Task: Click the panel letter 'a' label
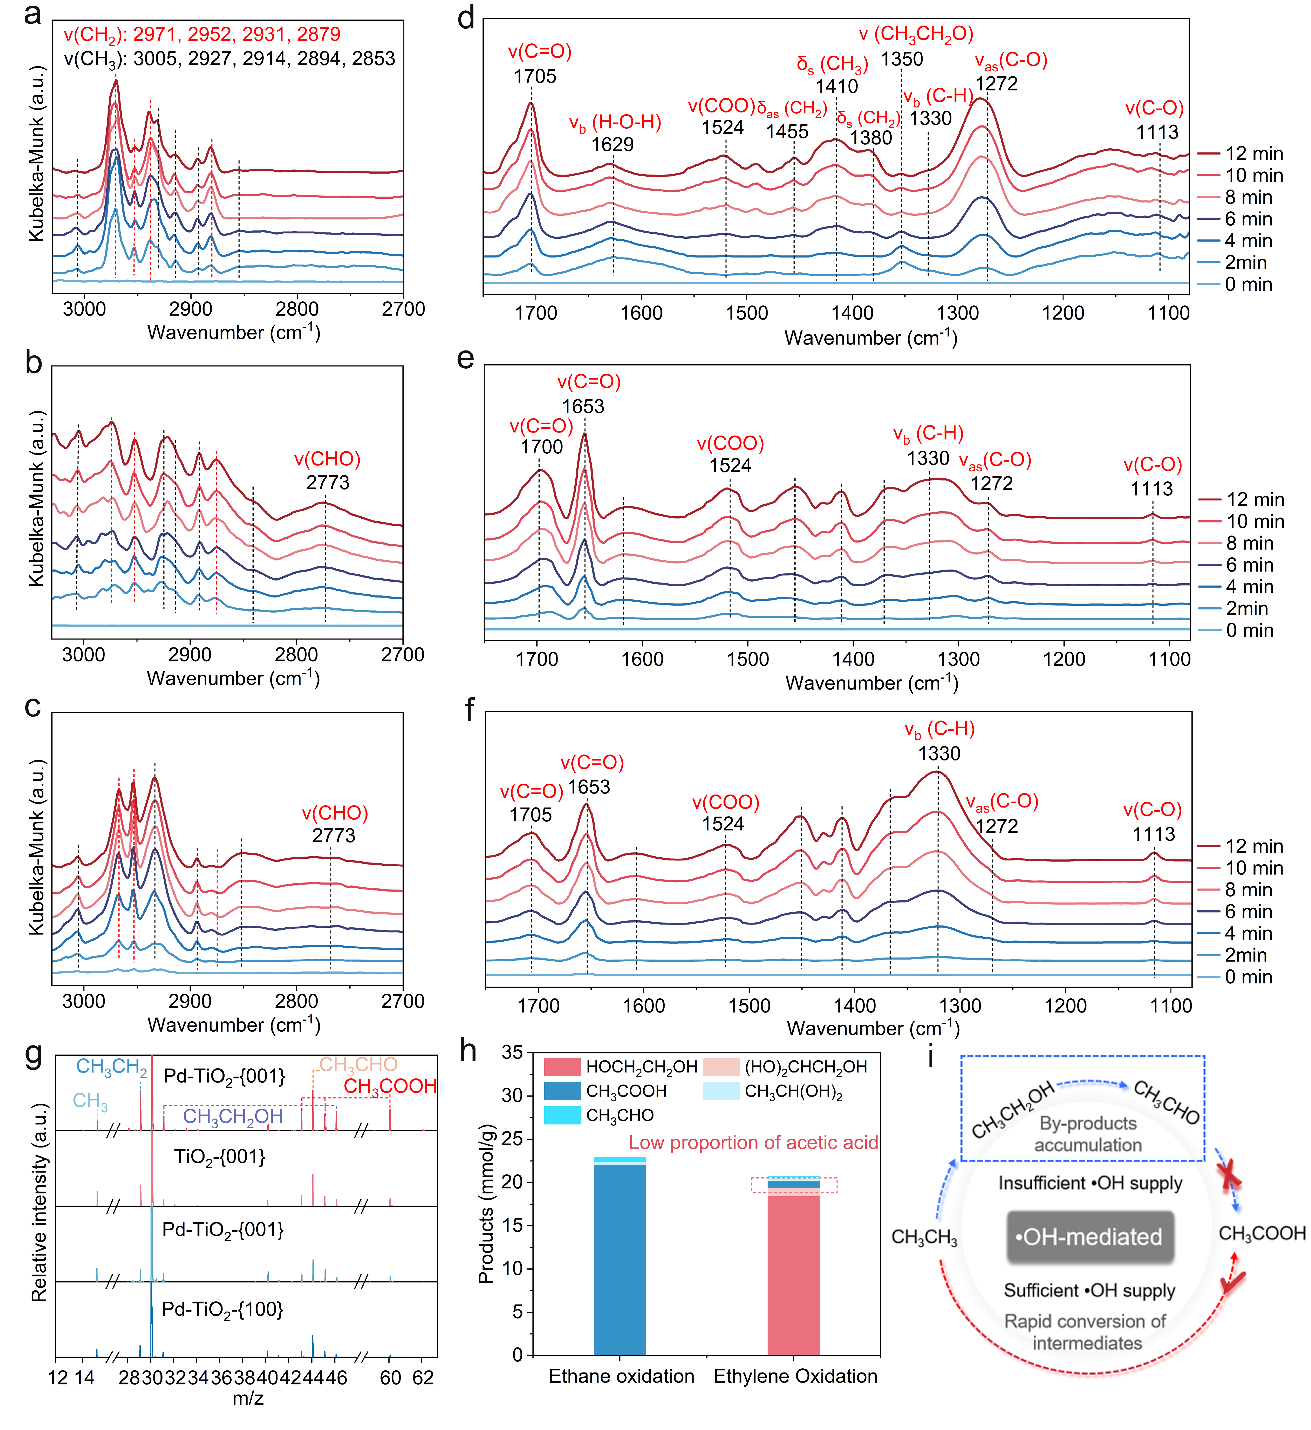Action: pyautogui.click(x=32, y=14)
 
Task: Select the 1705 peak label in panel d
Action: pyautogui.click(x=535, y=77)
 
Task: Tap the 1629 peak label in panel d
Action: pyautogui.click(x=612, y=145)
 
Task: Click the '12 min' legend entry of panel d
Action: pyautogui.click(x=1253, y=154)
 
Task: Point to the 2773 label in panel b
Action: pyautogui.click(x=328, y=483)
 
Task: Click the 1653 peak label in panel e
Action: pyautogui.click(x=583, y=406)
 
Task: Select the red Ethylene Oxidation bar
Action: pyautogui.click(x=793, y=1277)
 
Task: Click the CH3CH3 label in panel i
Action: pyautogui.click(x=924, y=1238)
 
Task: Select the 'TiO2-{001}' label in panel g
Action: pyautogui.click(x=219, y=1157)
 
